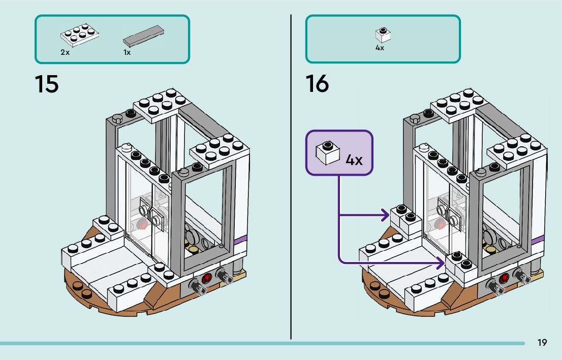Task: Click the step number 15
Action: coord(47,84)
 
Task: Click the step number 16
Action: coord(317,84)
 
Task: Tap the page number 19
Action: coord(542,343)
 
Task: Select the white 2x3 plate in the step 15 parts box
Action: coord(80,35)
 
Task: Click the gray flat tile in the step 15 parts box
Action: coord(143,36)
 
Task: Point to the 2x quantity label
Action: coord(65,52)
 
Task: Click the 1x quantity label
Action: coord(127,52)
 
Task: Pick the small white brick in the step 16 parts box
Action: coord(383,35)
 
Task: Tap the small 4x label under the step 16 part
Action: coord(380,48)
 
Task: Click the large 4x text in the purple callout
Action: coord(354,160)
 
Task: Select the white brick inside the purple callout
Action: coord(328,153)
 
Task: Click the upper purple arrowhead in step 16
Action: coord(386,215)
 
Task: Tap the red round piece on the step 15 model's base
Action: coord(207,278)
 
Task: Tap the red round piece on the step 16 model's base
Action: coord(504,278)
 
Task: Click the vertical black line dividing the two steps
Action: coord(291,177)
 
